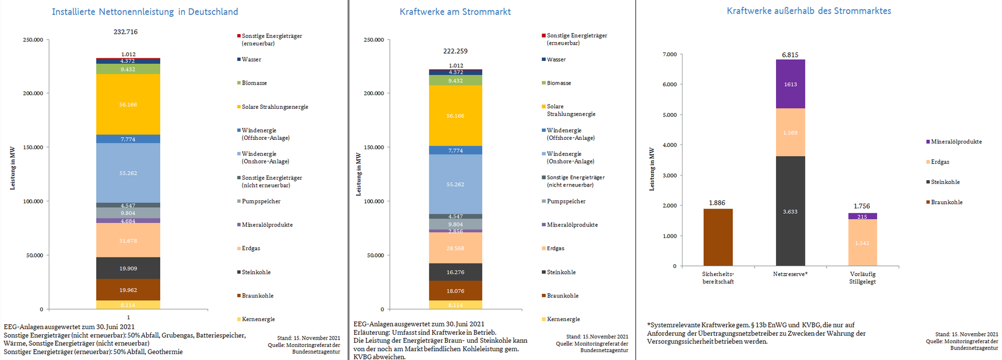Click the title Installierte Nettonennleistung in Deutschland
pyautogui.click(x=144, y=12)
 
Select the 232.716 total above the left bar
pyautogui.click(x=126, y=32)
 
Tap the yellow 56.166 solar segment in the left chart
pyautogui.click(x=128, y=105)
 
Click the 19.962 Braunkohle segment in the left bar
pyautogui.click(x=128, y=290)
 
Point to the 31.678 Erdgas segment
pyautogui.click(x=128, y=241)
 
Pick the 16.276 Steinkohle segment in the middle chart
pyautogui.click(x=455, y=272)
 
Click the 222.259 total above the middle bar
pyautogui.click(x=455, y=51)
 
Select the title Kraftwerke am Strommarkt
pyautogui.click(x=455, y=12)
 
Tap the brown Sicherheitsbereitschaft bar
pyautogui.click(x=718, y=238)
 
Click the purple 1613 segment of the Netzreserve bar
pyautogui.click(x=790, y=84)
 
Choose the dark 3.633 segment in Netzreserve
pyautogui.click(x=790, y=211)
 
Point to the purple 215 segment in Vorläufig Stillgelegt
pyautogui.click(x=862, y=217)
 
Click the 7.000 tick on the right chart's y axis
pyautogui.click(x=669, y=54)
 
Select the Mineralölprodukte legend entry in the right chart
pyautogui.click(x=956, y=142)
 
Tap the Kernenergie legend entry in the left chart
pyautogui.click(x=258, y=319)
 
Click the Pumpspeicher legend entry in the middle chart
pyautogui.click(x=566, y=201)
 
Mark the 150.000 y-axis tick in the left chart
pyautogui.click(x=33, y=147)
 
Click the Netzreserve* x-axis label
pyautogui.click(x=790, y=274)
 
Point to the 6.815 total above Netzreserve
pyautogui.click(x=790, y=55)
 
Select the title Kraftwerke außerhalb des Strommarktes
pyautogui.click(x=809, y=11)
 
